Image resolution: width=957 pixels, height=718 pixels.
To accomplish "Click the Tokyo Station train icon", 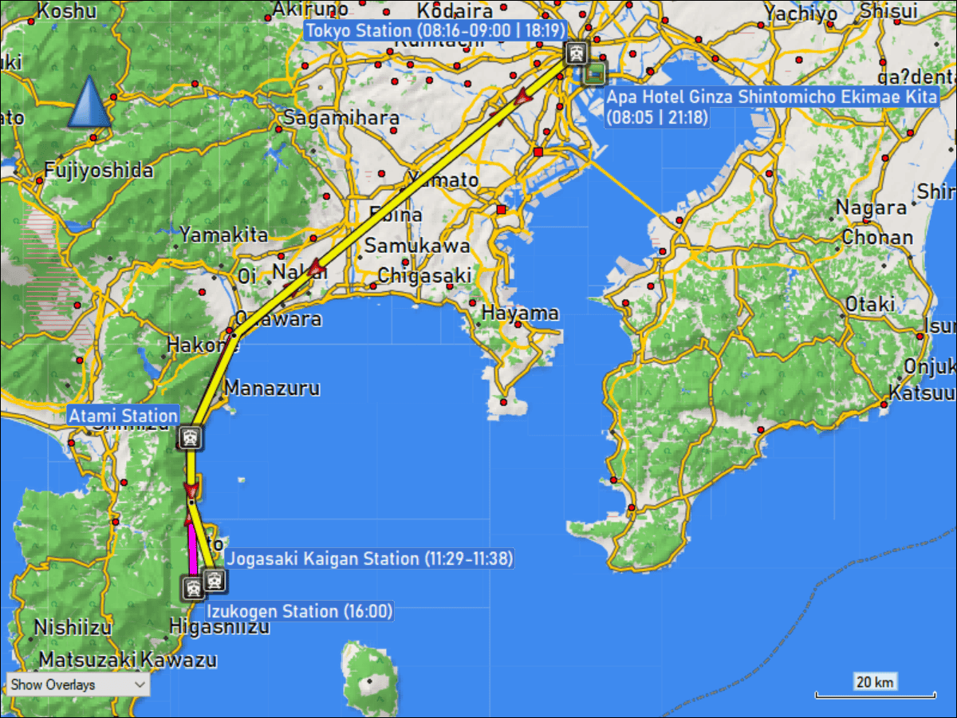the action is tap(576, 53).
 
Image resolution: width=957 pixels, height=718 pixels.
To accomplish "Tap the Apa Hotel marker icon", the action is tap(594, 73).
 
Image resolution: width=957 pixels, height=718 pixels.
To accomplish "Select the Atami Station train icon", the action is tap(191, 436).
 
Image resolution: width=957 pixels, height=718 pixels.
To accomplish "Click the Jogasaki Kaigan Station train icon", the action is tap(214, 580).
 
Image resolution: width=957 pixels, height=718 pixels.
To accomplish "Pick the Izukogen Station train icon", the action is tap(192, 590).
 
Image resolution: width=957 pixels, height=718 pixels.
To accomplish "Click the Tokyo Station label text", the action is tap(435, 30).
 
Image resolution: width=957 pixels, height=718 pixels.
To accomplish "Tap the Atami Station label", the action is tap(123, 416).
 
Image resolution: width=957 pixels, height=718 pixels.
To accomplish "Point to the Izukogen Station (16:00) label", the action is tap(300, 612).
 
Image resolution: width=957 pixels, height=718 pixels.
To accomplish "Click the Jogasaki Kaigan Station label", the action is tap(369, 558).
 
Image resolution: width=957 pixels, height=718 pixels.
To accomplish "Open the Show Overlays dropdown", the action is tap(78, 684).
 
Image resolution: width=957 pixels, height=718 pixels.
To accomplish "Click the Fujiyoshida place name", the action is tap(98, 170).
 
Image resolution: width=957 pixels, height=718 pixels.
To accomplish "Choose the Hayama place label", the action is tap(519, 313).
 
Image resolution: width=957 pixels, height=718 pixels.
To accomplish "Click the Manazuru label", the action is tap(272, 389).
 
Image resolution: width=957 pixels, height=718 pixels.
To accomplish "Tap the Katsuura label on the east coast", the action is tap(922, 393).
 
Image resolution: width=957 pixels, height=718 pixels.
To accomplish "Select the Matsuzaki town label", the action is tap(88, 661).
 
